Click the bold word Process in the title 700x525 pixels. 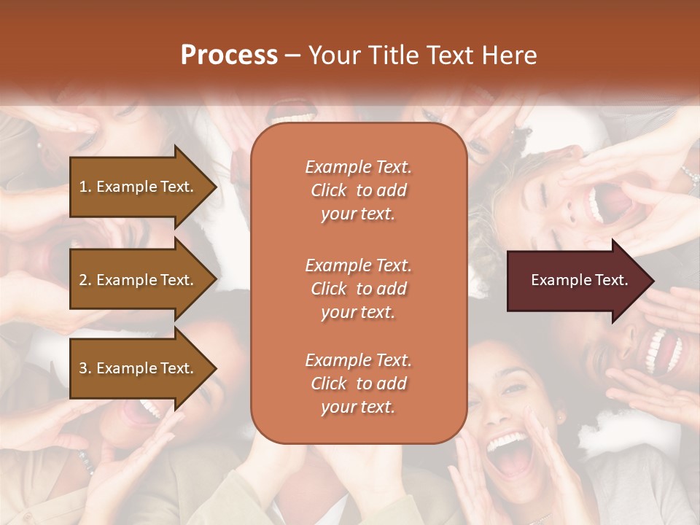[229, 55]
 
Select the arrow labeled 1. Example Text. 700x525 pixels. [139, 187]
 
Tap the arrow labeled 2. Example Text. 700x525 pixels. [139, 280]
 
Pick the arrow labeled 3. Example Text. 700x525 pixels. [139, 368]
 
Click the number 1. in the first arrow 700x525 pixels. [85, 187]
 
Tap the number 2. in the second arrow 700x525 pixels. [85, 280]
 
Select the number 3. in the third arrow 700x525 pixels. [85, 368]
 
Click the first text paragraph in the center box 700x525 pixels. [358, 190]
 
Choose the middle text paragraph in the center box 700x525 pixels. [358, 288]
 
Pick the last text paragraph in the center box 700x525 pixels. [358, 384]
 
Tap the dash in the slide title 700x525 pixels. [292, 55]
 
